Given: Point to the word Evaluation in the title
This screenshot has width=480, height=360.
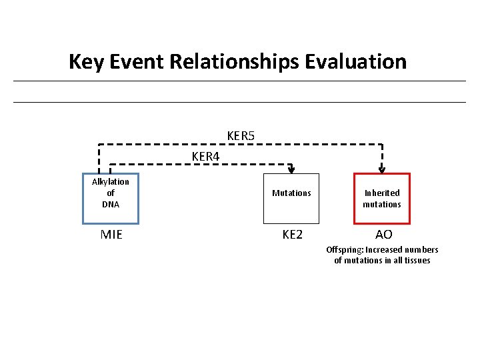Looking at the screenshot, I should point(355,62).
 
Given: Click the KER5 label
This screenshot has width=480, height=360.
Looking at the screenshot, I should point(241,136).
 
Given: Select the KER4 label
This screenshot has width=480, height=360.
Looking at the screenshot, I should point(205,157).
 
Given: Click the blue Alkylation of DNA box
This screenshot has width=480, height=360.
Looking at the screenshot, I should point(111,198).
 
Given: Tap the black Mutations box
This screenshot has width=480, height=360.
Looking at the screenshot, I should point(291,198).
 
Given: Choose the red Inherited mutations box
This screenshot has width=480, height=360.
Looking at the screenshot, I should point(382,198).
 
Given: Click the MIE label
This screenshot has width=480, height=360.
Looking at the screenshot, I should point(111,235).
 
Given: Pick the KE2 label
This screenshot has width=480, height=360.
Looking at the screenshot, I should point(292,235).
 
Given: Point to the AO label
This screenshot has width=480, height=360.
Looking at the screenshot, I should point(383,235).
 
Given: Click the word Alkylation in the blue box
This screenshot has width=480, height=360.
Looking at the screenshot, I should point(111,182).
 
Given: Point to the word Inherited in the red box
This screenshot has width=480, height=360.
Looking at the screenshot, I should point(382,193).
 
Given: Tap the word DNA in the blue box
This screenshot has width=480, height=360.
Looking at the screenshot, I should point(111,205).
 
